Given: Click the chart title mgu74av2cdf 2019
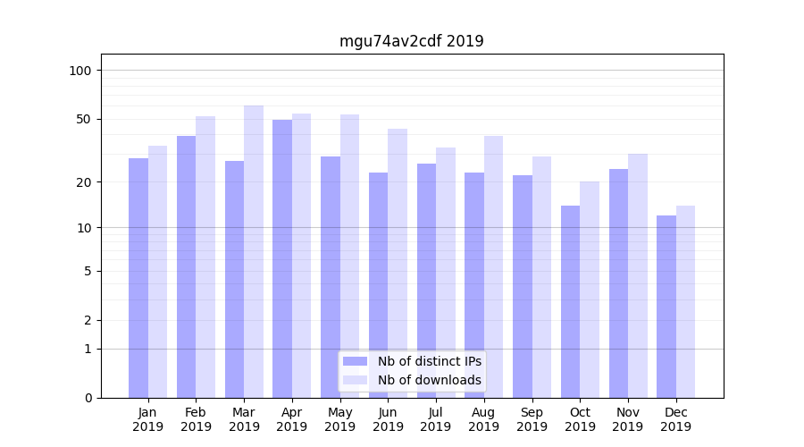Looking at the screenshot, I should [x=411, y=41].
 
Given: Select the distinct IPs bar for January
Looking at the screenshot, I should [x=138, y=277].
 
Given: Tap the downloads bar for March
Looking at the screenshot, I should [x=254, y=251].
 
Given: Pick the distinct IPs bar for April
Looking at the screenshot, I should [x=282, y=258].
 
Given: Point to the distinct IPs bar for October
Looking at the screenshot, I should [x=570, y=301].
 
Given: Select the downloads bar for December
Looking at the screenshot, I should [x=685, y=301].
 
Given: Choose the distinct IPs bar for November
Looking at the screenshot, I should [x=618, y=283].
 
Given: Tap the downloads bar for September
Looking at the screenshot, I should [x=541, y=277].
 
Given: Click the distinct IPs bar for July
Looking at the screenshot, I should [x=426, y=280].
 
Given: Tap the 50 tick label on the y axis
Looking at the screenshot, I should [x=84, y=119].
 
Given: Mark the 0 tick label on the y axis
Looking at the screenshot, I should [x=88, y=398].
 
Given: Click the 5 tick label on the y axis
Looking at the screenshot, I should [x=88, y=271].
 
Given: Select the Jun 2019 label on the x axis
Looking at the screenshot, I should [x=388, y=419].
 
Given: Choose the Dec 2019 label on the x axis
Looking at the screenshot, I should [x=675, y=419].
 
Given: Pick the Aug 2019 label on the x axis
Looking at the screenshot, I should [x=483, y=419].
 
